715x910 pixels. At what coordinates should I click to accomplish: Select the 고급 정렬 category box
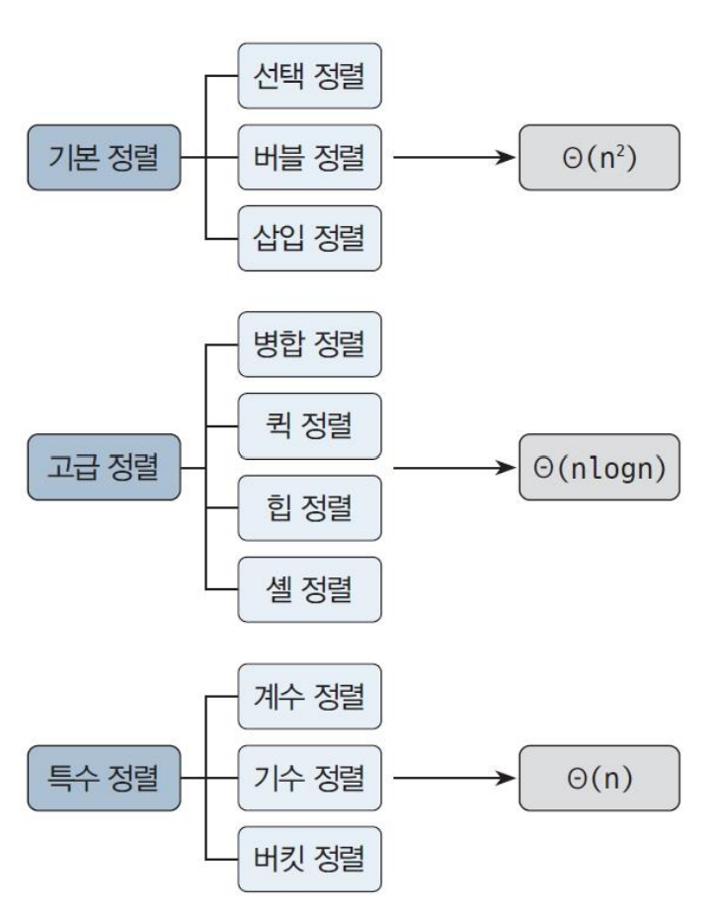[x=103, y=467]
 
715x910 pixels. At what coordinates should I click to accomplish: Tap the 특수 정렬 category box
[x=103, y=775]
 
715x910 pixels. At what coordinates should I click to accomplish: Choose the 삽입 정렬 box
[x=309, y=238]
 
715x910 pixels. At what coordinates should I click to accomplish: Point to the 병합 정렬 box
[x=309, y=345]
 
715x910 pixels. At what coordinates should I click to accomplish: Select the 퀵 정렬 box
[x=309, y=426]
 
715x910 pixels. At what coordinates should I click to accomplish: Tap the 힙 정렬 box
[x=309, y=507]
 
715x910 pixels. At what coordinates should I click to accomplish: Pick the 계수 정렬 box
[x=309, y=695]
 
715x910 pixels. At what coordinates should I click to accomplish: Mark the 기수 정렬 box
[x=309, y=776]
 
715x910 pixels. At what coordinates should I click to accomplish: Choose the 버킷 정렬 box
[x=309, y=857]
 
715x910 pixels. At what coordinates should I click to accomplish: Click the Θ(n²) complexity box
[x=599, y=157]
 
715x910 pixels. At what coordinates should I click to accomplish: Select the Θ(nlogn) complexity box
[x=599, y=467]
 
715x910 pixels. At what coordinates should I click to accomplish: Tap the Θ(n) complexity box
[x=599, y=776]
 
